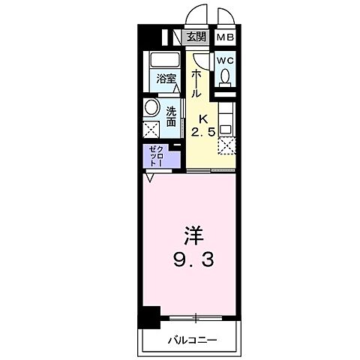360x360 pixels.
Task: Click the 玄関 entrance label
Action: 196,35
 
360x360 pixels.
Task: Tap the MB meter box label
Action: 225,35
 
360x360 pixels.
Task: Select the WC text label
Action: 225,59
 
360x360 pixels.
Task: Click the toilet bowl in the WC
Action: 225,76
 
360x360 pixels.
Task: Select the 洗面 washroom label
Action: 171,115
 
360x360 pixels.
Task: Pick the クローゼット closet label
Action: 159,156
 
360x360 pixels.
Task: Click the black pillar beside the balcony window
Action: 151,318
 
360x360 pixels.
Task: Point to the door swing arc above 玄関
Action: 198,16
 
